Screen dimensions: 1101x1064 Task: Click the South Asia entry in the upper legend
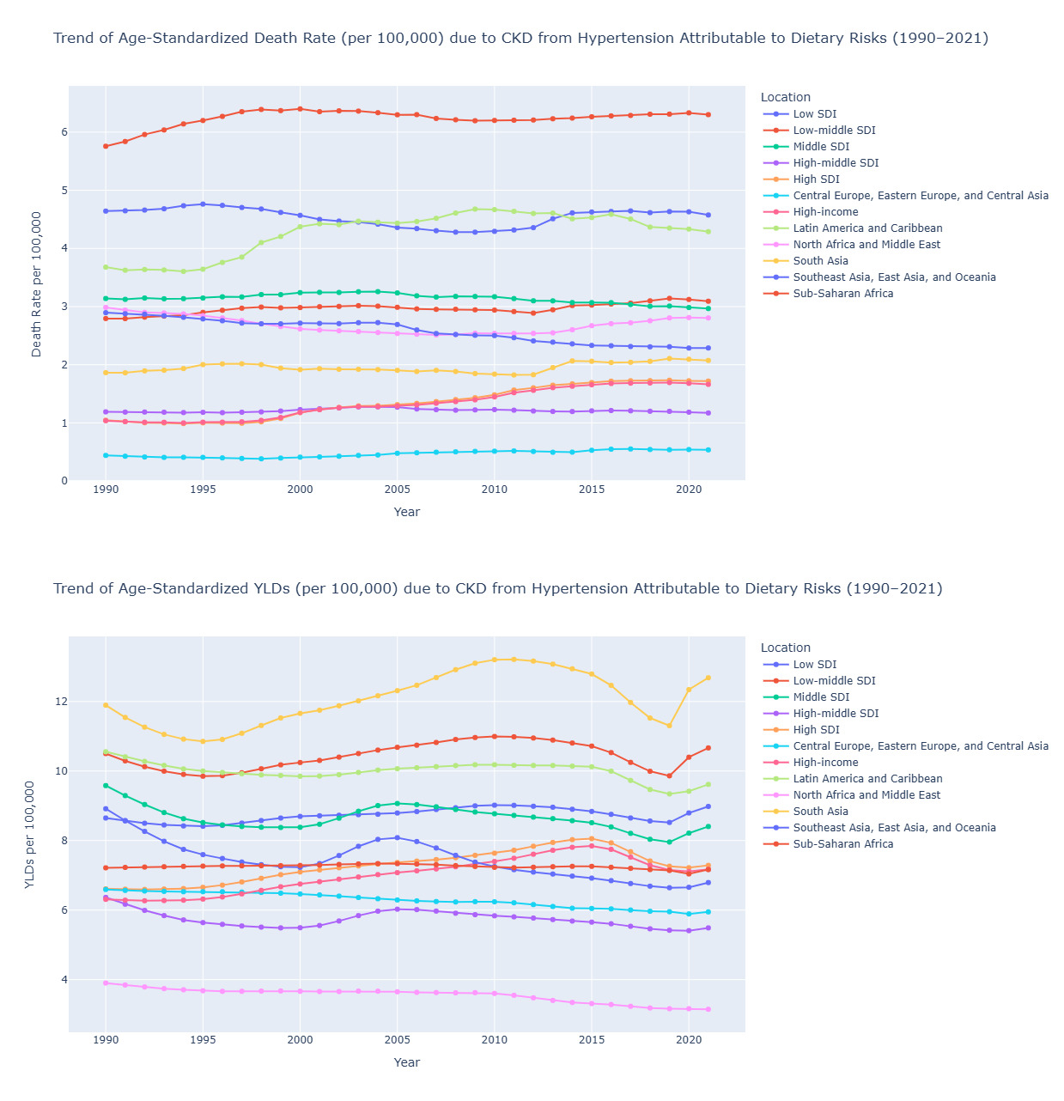[x=820, y=261]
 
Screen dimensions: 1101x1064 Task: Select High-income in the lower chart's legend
[x=825, y=763]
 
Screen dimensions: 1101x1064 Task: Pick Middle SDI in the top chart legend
[x=820, y=147]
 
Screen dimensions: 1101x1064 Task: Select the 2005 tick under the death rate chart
[x=397, y=490]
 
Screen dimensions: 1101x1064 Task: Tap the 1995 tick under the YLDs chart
[x=203, y=1040]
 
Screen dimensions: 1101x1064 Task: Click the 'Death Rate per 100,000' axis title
[x=37, y=284]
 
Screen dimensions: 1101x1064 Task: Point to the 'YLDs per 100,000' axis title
[x=30, y=835]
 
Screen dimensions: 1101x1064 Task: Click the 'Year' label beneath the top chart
[x=406, y=512]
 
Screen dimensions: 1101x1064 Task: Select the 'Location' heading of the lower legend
[x=785, y=648]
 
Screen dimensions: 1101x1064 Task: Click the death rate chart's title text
[x=520, y=39]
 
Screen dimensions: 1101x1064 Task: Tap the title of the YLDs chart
[x=497, y=588]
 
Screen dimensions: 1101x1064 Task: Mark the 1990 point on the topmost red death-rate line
[x=106, y=146]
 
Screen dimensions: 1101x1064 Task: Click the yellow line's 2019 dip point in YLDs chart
[x=669, y=726]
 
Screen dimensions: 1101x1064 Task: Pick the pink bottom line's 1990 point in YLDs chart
[x=106, y=983]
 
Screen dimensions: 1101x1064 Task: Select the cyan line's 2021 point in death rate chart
[x=708, y=450]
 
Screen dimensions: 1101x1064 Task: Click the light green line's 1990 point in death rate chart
[x=106, y=267]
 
